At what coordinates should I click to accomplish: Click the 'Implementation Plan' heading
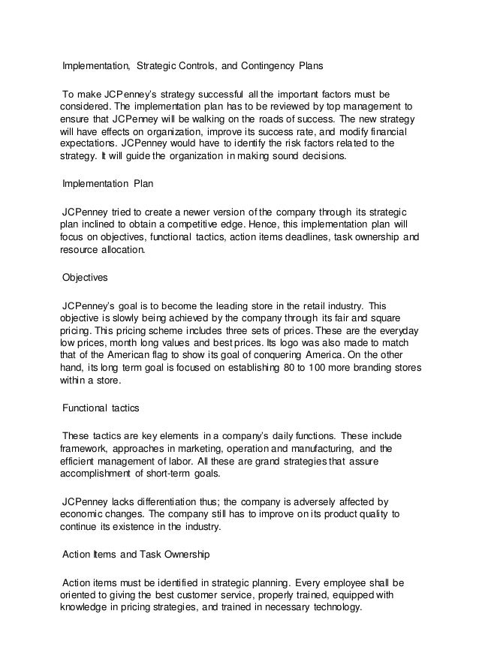[x=108, y=182]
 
